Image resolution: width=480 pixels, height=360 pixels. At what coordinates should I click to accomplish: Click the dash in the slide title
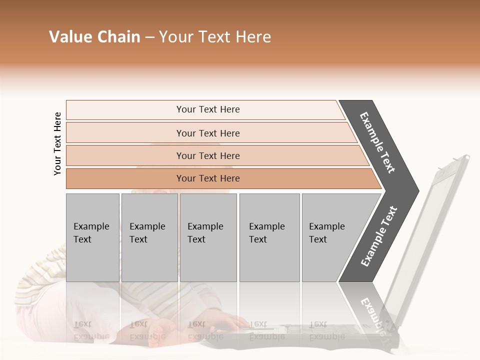[149, 37]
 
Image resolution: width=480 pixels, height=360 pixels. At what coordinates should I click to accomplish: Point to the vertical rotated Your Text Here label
[57, 143]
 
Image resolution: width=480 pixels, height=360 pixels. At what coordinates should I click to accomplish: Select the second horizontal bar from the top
[208, 133]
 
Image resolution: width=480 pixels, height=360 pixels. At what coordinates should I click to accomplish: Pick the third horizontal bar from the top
[208, 155]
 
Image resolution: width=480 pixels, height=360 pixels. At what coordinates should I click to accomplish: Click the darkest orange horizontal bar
[208, 178]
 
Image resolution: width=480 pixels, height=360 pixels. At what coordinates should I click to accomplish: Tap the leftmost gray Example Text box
[92, 237]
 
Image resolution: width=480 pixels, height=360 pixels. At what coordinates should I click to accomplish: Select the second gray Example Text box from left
[149, 237]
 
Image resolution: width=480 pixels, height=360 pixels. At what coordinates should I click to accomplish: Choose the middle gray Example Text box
[208, 237]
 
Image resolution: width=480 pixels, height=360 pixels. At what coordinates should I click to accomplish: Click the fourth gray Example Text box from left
[269, 237]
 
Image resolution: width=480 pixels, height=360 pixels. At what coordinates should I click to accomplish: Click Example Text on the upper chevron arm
[377, 142]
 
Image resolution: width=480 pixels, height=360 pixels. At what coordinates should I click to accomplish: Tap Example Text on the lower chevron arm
[378, 236]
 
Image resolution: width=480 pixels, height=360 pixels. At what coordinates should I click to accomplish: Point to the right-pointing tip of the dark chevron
[416, 191]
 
